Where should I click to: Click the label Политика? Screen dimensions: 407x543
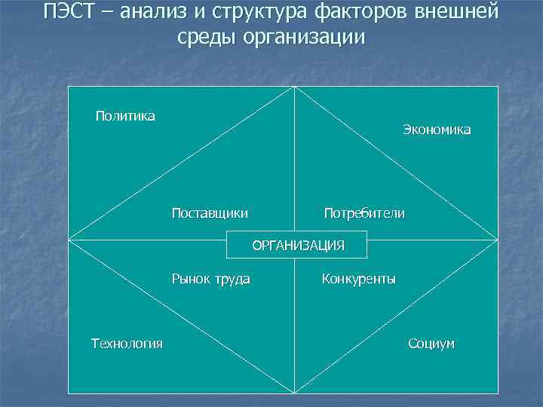coord(125,115)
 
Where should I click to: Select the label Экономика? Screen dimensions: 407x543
coord(436,130)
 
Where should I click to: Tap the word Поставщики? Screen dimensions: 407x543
coord(210,213)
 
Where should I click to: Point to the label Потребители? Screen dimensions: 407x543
coord(364,213)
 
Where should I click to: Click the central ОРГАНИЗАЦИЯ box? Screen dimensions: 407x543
coord(298,245)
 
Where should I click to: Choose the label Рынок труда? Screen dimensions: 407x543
coord(211,279)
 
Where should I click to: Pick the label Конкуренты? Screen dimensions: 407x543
coord(358,279)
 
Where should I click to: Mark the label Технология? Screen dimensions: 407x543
coord(127,344)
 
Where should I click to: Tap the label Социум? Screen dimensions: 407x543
coord(431,344)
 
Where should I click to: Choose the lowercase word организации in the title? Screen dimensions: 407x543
coord(304,37)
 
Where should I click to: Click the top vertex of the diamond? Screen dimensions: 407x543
coord(294,87)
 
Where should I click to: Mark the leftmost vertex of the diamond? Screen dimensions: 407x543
coord(69,240)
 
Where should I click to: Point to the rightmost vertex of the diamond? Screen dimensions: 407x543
coord(498,240)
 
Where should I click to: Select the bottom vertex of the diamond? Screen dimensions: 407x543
coord(294,393)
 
